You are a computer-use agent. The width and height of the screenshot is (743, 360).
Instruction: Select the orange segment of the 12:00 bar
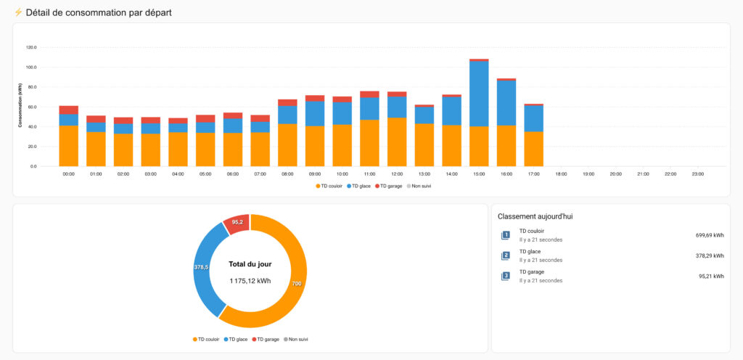point(397,142)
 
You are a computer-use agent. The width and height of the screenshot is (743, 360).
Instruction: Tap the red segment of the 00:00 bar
point(69,110)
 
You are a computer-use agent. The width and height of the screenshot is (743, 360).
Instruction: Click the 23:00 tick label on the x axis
point(697,174)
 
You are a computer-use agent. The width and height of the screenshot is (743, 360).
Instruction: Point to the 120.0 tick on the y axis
point(31,48)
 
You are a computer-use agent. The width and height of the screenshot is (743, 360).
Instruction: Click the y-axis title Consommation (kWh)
point(20,105)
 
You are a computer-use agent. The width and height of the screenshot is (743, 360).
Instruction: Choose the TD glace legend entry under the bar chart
point(358,187)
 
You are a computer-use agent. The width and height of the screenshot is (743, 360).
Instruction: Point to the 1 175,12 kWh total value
point(250,281)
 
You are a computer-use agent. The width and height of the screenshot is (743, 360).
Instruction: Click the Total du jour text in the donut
point(250,264)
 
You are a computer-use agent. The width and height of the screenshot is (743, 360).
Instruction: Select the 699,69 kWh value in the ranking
point(709,235)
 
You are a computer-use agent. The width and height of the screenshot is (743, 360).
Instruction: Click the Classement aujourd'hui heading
point(536,216)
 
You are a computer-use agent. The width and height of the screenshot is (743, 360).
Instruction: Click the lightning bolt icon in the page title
point(18,13)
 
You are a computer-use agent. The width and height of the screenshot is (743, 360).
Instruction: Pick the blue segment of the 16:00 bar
point(506,103)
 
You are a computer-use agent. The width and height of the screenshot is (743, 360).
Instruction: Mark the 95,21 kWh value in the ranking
point(710,276)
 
